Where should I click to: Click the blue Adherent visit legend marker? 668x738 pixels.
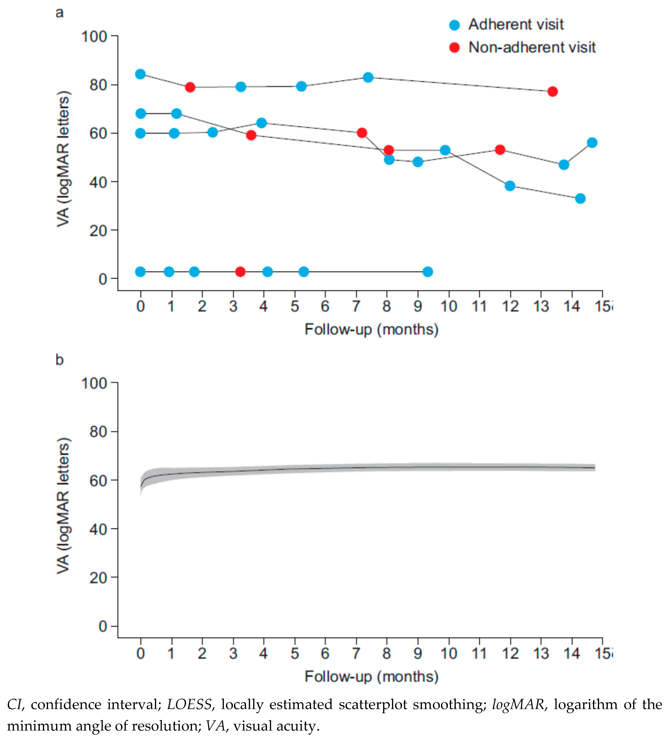[454, 25]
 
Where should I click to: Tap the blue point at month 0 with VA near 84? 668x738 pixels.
[140, 74]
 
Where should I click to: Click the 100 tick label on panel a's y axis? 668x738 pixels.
[94, 37]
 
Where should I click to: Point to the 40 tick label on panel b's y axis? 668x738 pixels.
[98, 529]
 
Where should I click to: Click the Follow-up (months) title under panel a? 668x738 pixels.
[372, 329]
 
